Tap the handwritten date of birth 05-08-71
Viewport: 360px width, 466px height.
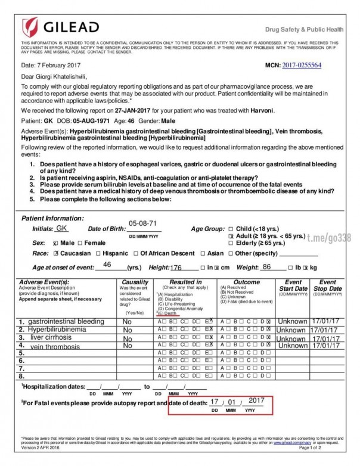click(x=142, y=223)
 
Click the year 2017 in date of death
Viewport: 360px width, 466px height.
click(x=256, y=400)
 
